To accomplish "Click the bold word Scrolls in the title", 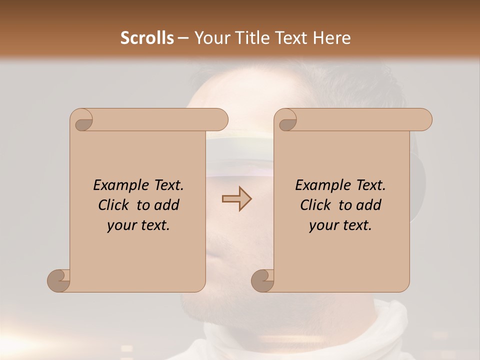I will (x=147, y=38).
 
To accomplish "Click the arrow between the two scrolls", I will (x=236, y=199).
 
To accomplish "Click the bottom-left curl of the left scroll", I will (x=59, y=280).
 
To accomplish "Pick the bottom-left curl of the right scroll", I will (x=263, y=280).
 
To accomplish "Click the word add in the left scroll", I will (x=166, y=205).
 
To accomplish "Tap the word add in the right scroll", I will (x=368, y=205).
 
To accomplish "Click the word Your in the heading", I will (x=210, y=38).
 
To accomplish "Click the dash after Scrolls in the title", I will (x=183, y=38).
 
